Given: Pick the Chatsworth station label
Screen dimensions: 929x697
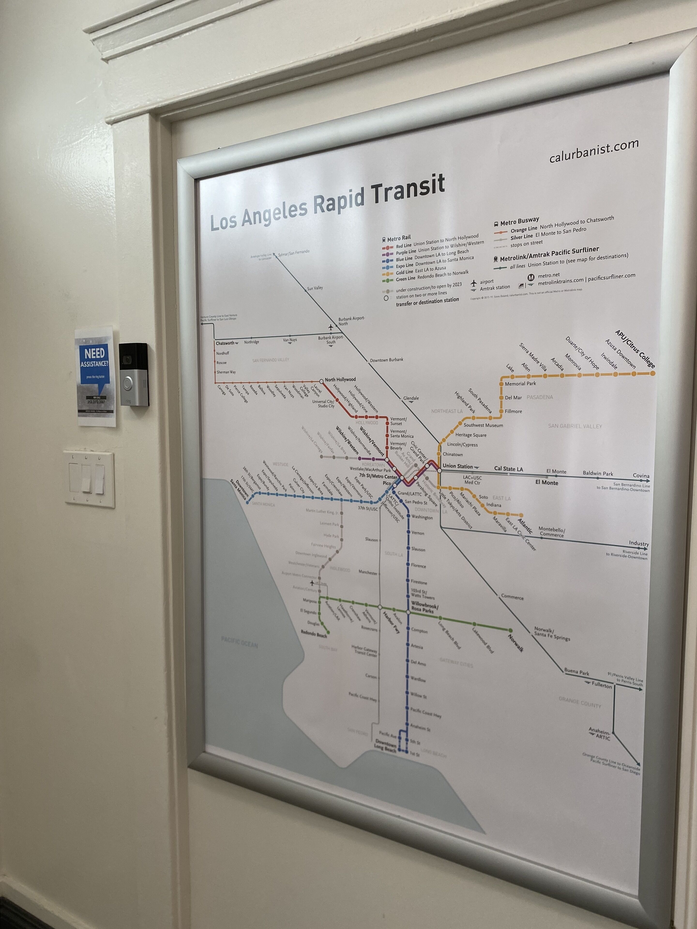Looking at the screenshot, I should pos(225,343).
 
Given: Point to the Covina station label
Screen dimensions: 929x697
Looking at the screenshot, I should pos(641,476).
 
